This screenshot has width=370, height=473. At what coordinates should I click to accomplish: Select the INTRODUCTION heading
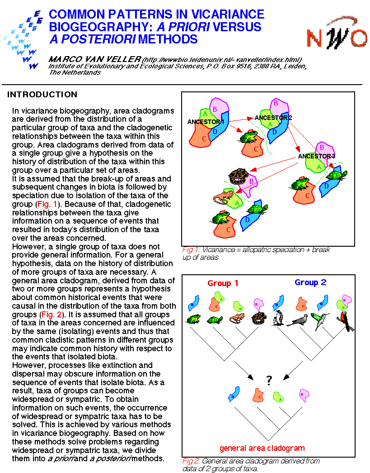42,95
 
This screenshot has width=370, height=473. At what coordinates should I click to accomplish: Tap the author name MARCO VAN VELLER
94,59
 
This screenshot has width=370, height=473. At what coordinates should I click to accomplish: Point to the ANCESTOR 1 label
206,122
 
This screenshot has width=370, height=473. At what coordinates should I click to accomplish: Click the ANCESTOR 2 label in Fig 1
273,118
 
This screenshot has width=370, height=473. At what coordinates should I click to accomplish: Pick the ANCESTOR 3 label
317,156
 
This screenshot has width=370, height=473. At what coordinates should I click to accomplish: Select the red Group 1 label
223,283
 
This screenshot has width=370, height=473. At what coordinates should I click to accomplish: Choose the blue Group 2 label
310,282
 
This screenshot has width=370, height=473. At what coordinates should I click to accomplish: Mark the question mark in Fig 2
269,381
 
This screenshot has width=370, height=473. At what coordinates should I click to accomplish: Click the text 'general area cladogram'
262,448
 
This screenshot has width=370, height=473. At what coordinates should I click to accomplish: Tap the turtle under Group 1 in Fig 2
215,320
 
